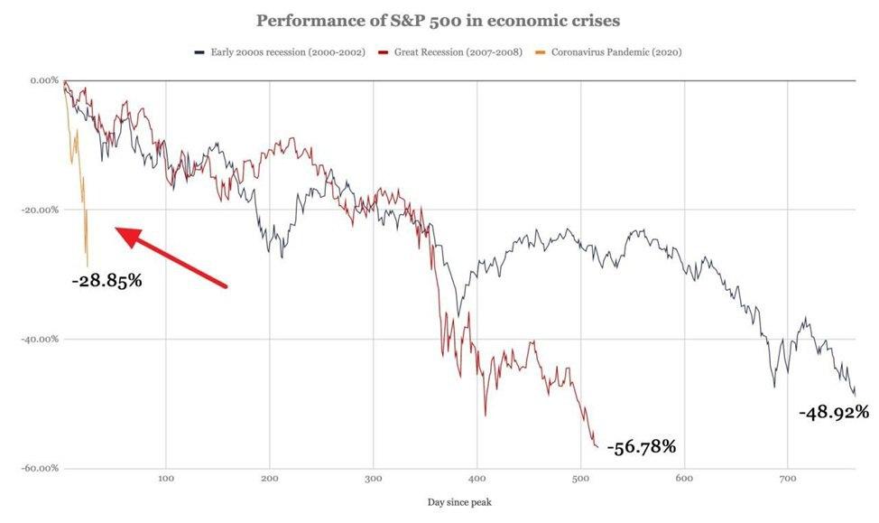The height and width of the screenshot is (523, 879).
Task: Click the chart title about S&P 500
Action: [x=439, y=21]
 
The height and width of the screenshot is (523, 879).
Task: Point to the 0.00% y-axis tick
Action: [x=43, y=80]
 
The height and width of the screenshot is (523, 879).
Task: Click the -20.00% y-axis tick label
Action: [x=40, y=210]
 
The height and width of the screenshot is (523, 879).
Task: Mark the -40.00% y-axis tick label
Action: [x=40, y=340]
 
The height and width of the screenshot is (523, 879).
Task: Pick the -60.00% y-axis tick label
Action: [x=40, y=469]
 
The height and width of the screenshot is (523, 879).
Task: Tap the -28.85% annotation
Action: [x=106, y=281]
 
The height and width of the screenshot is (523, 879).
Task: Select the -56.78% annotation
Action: [x=641, y=446]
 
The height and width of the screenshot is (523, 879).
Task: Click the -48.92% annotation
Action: [x=834, y=412]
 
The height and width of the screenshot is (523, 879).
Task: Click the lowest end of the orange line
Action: [x=88, y=266]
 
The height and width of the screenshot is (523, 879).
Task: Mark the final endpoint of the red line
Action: [x=597, y=446]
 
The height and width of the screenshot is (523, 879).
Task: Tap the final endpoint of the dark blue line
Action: [x=856, y=396]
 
